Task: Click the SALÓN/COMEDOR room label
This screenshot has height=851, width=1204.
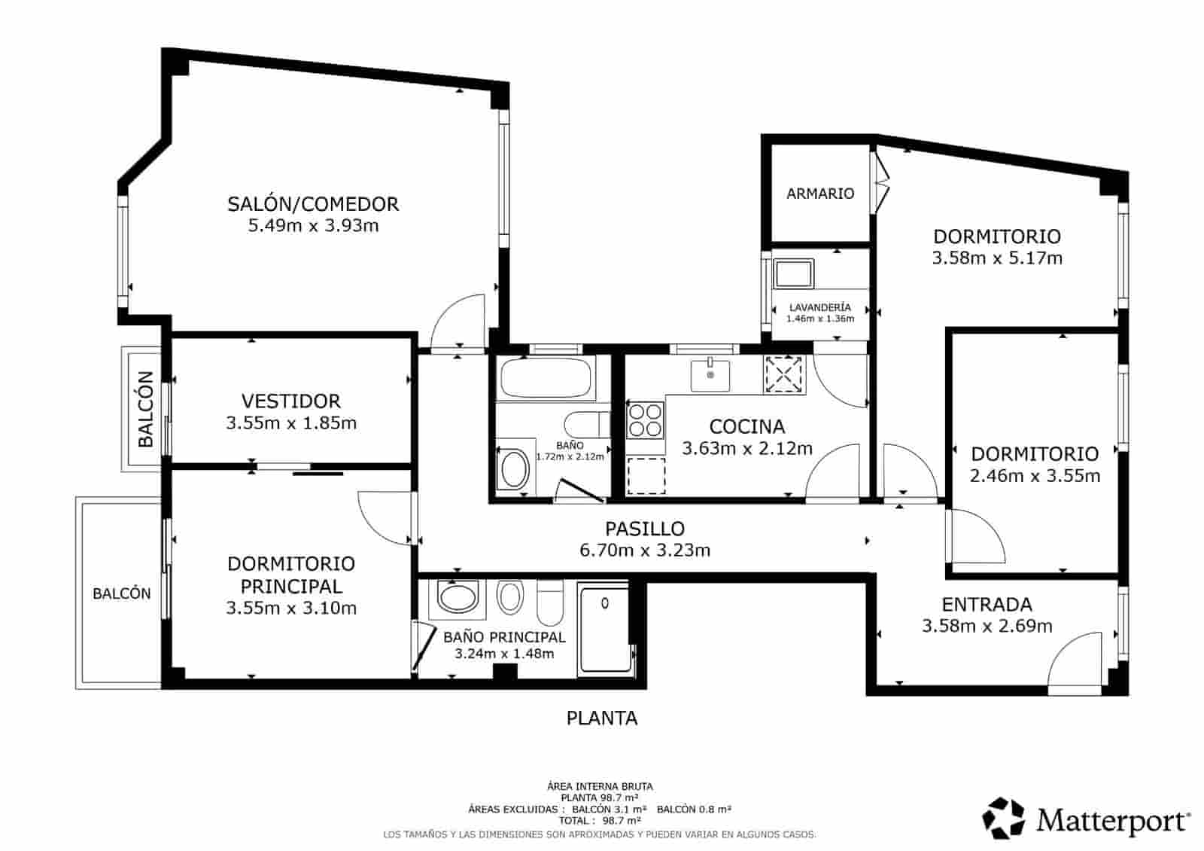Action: point(313,204)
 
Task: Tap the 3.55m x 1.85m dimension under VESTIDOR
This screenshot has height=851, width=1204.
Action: point(291,423)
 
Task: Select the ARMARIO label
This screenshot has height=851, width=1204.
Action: point(820,194)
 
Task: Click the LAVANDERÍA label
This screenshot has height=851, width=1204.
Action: point(820,307)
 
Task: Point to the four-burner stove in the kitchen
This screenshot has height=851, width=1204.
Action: point(646,420)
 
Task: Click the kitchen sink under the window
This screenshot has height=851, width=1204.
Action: point(710,374)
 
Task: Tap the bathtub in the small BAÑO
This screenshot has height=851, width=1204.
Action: point(546,379)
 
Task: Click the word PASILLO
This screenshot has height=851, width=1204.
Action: point(645,529)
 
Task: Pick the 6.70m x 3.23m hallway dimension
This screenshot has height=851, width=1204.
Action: point(645,551)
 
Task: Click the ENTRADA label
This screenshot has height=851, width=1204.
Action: point(987,604)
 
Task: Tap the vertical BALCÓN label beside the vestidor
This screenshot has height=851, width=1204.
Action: point(145,409)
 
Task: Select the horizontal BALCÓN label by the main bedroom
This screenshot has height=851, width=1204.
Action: point(122,593)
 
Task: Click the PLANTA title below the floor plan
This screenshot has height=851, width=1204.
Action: point(601,718)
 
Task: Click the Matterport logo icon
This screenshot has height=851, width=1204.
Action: point(1004,819)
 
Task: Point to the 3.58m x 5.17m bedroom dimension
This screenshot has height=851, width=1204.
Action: point(997,258)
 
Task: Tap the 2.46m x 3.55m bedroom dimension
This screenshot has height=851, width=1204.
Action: point(1035,476)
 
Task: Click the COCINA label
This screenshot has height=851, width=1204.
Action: point(746,426)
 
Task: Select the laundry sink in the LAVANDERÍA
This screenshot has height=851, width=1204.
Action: point(794,273)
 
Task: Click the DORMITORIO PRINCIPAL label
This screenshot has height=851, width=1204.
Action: point(291,575)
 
